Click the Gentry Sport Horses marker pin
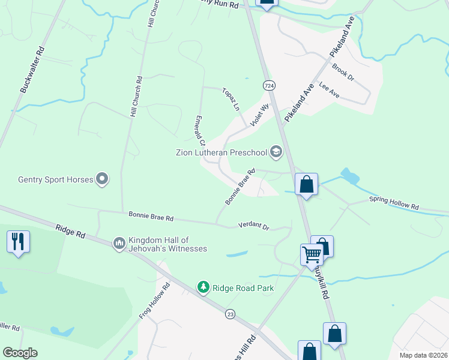click(102, 179)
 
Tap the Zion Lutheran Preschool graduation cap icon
click(276, 152)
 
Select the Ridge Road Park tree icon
click(204, 288)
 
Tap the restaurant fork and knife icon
click(18, 242)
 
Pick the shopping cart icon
click(312, 254)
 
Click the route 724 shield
click(270, 86)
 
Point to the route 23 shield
click(230, 314)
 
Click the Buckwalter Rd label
click(33, 70)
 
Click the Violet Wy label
click(261, 114)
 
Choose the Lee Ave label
click(330, 90)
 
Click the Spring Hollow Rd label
click(393, 202)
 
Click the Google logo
click(20, 353)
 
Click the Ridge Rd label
click(70, 232)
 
